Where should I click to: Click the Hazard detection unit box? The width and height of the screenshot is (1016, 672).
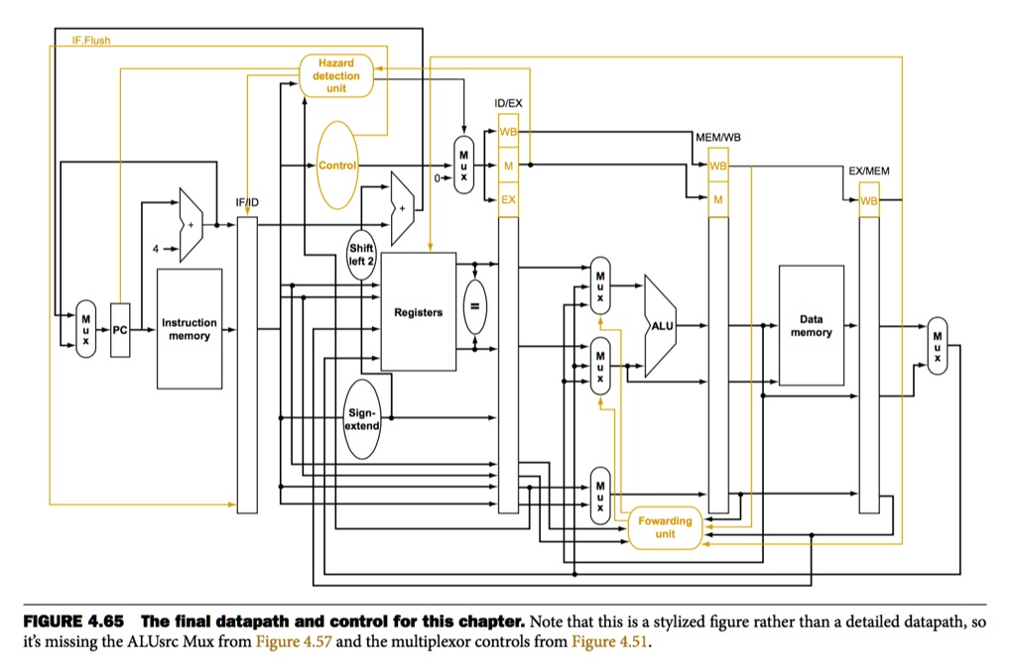pyautogui.click(x=336, y=75)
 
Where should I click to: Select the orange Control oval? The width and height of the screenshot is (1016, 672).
pyautogui.click(x=336, y=165)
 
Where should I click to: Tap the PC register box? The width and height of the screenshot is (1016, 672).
pyautogui.click(x=121, y=329)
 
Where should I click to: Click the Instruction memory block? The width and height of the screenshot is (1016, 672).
pyautogui.click(x=189, y=329)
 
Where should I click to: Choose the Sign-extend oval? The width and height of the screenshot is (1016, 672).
pyautogui.click(x=362, y=418)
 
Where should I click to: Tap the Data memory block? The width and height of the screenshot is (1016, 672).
pyautogui.click(x=811, y=325)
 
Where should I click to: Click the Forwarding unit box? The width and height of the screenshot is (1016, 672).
pyautogui.click(x=665, y=527)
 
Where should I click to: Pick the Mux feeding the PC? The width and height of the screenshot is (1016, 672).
pyautogui.click(x=86, y=329)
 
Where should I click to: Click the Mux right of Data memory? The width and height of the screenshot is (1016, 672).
pyautogui.click(x=935, y=346)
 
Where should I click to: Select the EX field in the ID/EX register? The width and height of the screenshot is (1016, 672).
pyautogui.click(x=508, y=199)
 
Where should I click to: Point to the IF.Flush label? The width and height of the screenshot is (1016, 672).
pyautogui.click(x=91, y=41)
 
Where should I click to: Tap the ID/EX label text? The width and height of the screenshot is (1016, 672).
pyautogui.click(x=508, y=104)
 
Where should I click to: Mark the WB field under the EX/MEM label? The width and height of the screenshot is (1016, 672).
pyautogui.click(x=869, y=200)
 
